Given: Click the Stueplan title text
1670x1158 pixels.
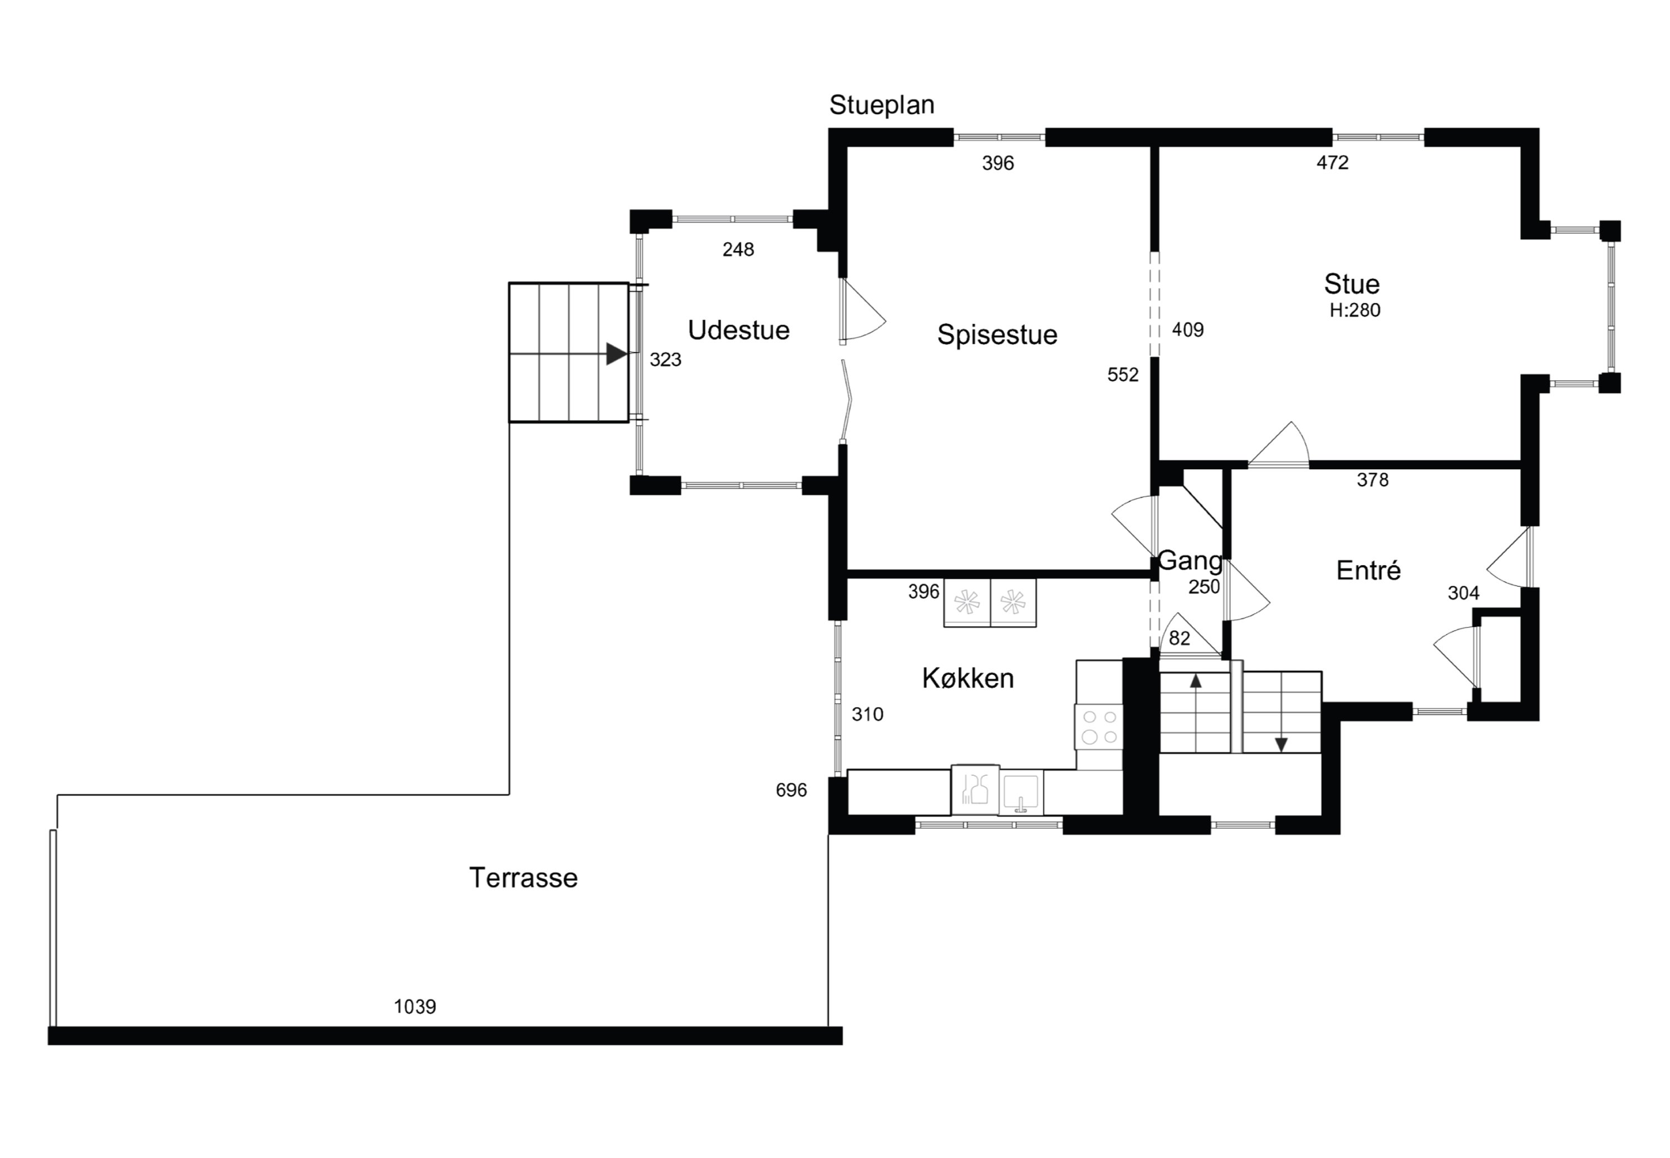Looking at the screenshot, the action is (x=881, y=105).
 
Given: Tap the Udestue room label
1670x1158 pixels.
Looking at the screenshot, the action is (x=739, y=330).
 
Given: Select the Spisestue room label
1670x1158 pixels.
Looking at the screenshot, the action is (x=997, y=335).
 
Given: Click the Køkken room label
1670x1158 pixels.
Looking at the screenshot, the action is (x=967, y=679).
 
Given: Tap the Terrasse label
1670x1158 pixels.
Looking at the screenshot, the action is (x=523, y=878).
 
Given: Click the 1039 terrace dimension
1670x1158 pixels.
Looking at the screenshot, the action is (x=415, y=1007).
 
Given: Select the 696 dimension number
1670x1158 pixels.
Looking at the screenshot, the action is (x=791, y=790).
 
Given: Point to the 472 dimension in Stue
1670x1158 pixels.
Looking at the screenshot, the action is (x=1333, y=163).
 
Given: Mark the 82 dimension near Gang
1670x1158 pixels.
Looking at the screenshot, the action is (x=1180, y=638).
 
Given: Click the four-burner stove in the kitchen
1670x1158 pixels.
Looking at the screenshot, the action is (x=1099, y=727).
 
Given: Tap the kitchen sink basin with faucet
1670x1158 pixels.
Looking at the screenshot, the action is (x=1021, y=792).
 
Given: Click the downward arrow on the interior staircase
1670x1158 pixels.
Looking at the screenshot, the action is (x=1281, y=744).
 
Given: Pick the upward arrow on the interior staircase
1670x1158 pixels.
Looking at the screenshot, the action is (x=1196, y=680).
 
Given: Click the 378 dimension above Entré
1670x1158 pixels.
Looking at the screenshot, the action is (x=1373, y=479).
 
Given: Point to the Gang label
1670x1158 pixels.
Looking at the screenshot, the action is (x=1190, y=561).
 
